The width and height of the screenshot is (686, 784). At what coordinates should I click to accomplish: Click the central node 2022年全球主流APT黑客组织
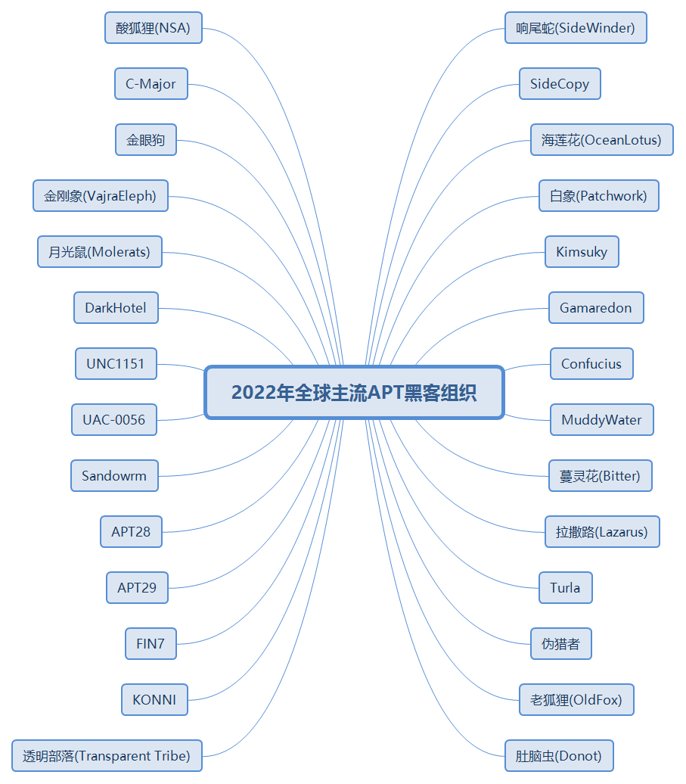(x=354, y=393)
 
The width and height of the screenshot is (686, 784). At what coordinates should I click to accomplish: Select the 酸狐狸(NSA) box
(x=154, y=28)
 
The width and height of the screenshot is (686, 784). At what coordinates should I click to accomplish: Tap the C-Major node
(x=151, y=84)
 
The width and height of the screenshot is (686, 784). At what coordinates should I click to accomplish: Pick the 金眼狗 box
(x=146, y=140)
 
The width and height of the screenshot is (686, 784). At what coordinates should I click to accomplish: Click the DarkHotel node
(x=116, y=308)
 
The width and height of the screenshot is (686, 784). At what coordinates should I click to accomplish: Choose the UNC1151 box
(x=116, y=364)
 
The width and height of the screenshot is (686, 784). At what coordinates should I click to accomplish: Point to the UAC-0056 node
(x=114, y=420)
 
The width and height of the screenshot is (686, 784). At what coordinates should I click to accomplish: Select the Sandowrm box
(x=114, y=476)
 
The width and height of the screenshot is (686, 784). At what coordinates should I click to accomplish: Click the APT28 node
(x=131, y=532)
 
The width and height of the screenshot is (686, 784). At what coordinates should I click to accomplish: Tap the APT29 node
(x=137, y=588)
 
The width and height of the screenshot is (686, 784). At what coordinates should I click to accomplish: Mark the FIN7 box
(x=151, y=644)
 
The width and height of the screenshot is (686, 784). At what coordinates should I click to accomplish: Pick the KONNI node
(x=154, y=700)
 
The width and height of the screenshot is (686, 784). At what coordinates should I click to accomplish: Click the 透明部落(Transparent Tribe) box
(x=107, y=756)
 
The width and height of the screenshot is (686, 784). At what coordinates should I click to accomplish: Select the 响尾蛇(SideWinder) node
(x=576, y=28)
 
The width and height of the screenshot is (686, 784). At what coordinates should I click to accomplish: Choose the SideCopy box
(x=560, y=84)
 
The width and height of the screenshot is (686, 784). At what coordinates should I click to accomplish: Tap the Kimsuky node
(x=582, y=252)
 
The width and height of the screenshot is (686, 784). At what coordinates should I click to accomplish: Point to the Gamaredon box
(x=596, y=308)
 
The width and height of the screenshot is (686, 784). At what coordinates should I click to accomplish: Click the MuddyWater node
(x=601, y=420)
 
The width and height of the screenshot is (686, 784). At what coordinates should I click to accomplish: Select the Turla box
(x=566, y=588)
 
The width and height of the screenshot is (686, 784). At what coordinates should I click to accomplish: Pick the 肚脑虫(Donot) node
(x=559, y=756)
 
